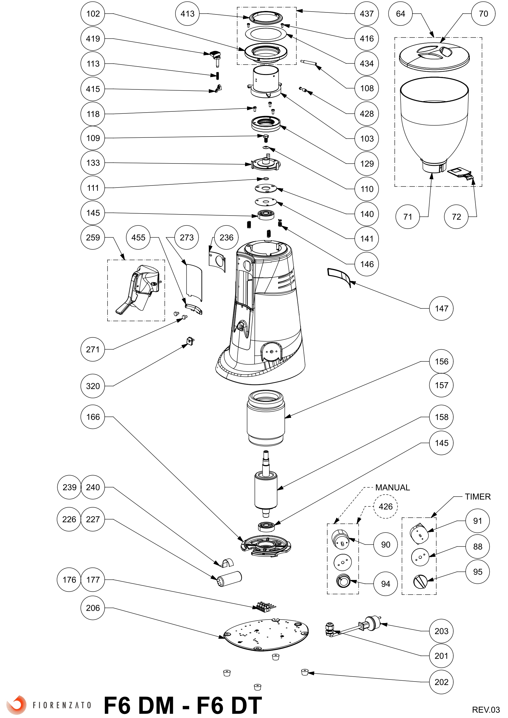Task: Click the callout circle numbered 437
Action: pos(367,14)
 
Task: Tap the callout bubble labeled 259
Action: pos(93,237)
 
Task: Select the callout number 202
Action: pos(441,682)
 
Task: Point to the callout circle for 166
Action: pos(93,417)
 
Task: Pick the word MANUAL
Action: pos(392,488)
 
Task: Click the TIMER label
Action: pos(477,497)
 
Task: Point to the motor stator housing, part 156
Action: pos(266,418)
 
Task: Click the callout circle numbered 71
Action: pos(408,217)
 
